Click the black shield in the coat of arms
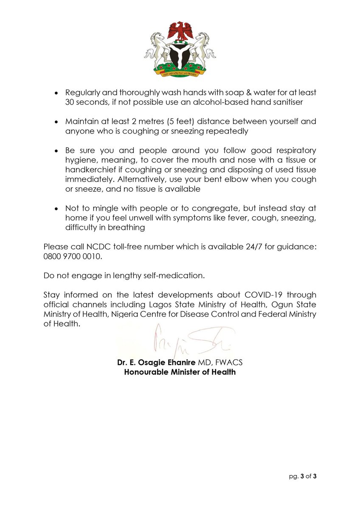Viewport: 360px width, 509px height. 180,56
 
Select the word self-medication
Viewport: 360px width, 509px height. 178,276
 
